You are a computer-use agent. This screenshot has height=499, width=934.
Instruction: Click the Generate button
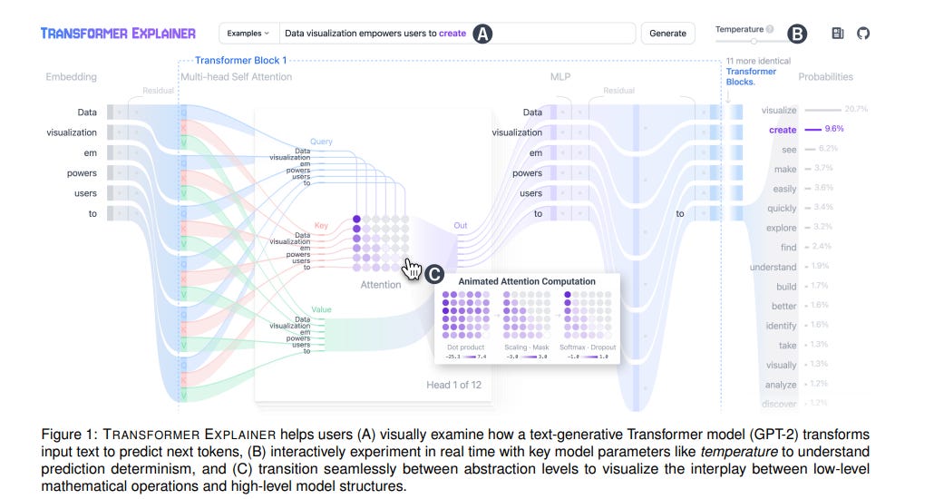point(667,34)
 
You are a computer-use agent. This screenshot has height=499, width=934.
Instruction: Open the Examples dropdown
point(248,34)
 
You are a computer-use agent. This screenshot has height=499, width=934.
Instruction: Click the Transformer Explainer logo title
point(118,34)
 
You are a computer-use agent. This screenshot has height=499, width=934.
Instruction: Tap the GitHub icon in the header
point(862,34)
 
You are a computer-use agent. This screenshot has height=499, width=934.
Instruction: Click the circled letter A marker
point(483,34)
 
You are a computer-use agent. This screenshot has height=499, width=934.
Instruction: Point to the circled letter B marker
point(796,34)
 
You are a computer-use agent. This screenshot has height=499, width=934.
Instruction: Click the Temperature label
point(739,29)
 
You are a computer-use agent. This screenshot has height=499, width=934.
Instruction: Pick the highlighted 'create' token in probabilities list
point(783,130)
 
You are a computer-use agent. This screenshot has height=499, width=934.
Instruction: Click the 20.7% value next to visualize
point(855,110)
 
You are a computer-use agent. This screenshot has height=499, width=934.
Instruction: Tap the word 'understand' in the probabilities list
point(773,267)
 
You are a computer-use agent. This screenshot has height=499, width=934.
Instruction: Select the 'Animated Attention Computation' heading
point(527,281)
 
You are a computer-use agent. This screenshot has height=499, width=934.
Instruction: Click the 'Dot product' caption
point(465,347)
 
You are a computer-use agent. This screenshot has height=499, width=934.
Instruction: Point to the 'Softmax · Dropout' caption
point(588,347)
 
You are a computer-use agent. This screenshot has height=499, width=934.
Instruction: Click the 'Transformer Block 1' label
point(241,60)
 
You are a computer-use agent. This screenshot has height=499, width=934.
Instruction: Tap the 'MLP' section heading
point(560,77)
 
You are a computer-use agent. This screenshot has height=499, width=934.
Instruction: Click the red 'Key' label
point(321,224)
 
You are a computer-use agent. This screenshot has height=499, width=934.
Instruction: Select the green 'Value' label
point(321,309)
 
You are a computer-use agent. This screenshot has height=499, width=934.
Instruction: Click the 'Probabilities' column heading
point(825,77)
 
